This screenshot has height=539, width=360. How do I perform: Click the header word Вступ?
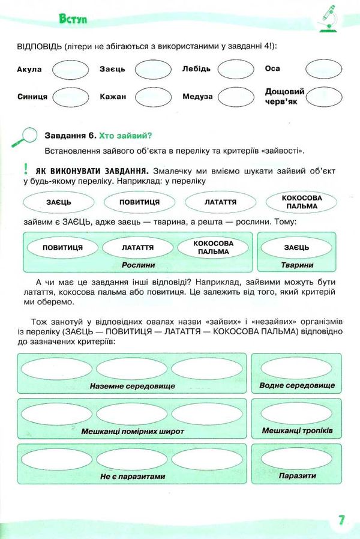tap(74, 19)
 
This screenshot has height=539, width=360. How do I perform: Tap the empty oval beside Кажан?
tap(154, 96)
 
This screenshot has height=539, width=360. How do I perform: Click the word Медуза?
tap(197, 96)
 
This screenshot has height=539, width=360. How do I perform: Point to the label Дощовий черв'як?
tap(284, 96)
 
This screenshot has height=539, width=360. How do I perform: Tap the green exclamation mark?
tap(26, 170)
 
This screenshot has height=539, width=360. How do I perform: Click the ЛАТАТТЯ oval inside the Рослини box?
tap(137, 247)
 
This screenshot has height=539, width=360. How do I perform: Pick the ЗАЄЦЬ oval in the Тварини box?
tap(296, 247)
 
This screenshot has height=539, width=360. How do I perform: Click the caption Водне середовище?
tap(297, 385)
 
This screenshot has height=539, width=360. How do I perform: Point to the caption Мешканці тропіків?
tap(297, 431)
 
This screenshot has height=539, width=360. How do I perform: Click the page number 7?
tap(341, 520)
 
